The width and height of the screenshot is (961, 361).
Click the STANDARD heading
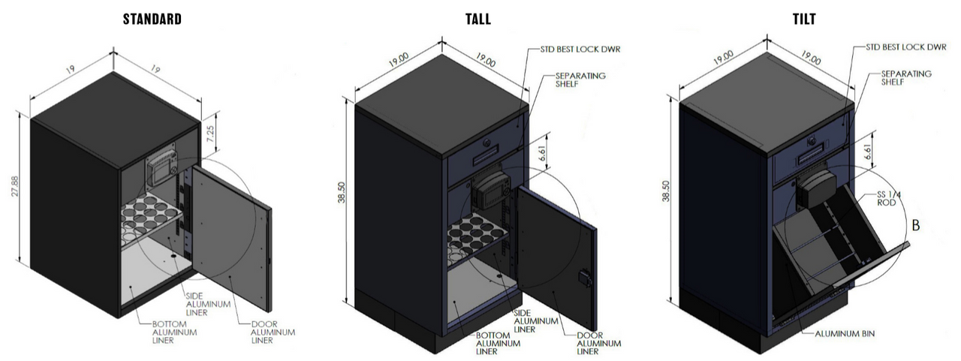point(152,19)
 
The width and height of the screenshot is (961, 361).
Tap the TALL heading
point(477,19)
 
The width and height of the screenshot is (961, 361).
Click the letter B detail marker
point(915,224)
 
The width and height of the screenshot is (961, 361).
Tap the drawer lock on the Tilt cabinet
point(812,141)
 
